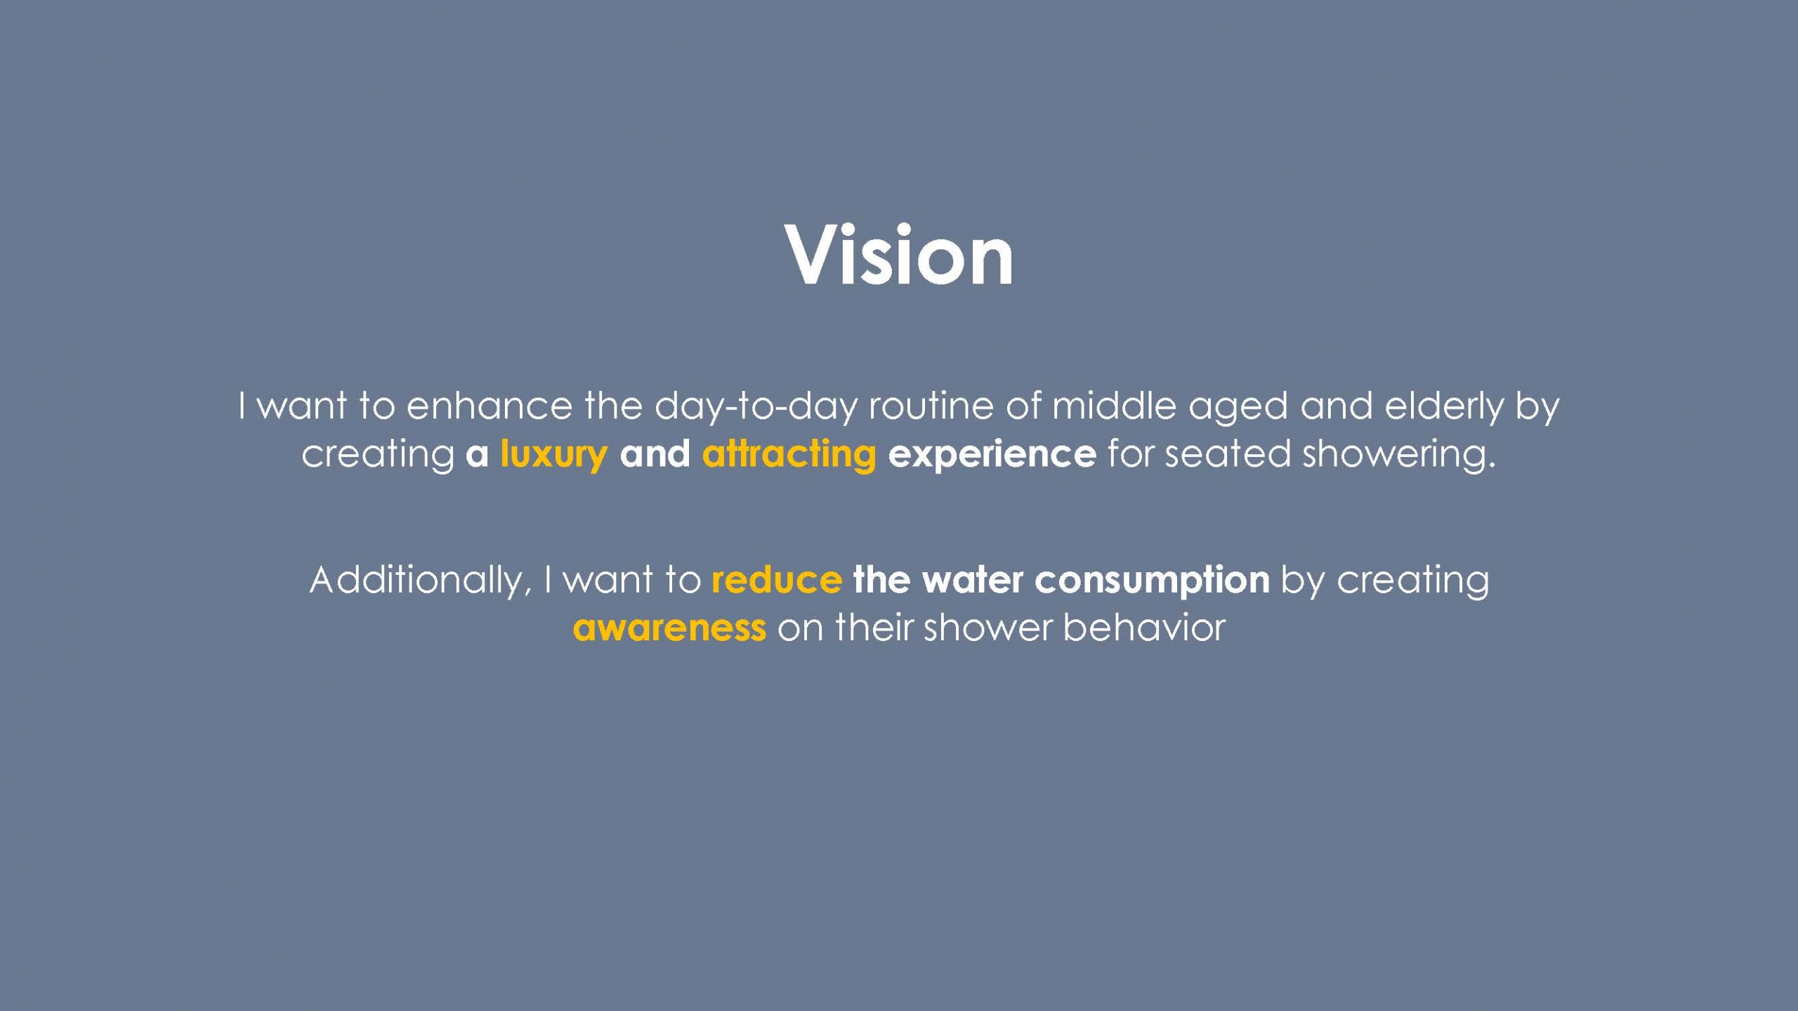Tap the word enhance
(x=490, y=406)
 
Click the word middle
(x=1114, y=406)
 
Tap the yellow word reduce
(x=777, y=580)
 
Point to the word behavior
(x=1144, y=627)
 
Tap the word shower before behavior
(x=987, y=627)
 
